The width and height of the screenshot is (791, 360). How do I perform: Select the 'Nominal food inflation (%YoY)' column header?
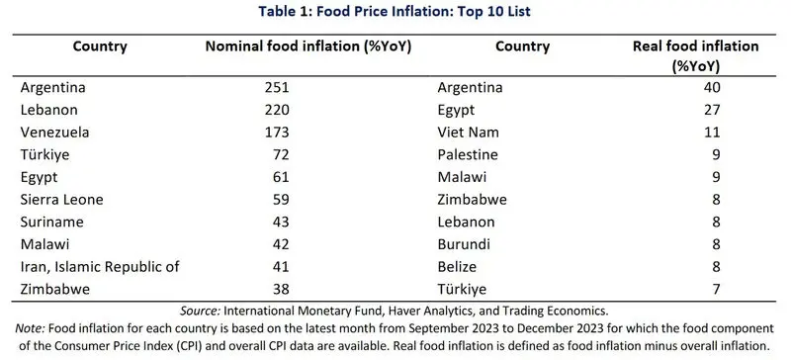pos(308,46)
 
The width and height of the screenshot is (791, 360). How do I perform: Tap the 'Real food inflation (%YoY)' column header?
pos(696,56)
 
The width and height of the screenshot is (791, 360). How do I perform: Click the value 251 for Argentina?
pos(277,87)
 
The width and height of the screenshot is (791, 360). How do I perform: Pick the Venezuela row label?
pos(55,133)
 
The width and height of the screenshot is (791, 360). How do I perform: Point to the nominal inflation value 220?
pos(277,110)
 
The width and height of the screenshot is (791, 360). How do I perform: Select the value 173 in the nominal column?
pos(277,133)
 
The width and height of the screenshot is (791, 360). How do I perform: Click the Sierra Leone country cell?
pos(61,200)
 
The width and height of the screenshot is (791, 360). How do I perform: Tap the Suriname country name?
pos(52,223)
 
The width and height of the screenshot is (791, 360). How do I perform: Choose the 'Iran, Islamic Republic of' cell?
pos(100,267)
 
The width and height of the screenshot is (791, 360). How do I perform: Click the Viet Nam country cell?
pos(468,133)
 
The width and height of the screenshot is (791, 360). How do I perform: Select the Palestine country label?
pos(468,154)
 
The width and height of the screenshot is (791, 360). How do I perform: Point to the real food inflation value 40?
pos(712,87)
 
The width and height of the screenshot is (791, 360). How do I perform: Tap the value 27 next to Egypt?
pos(712,110)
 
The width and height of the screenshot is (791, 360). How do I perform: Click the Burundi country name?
pos(464,244)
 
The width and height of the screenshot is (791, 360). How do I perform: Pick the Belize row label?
pos(457,267)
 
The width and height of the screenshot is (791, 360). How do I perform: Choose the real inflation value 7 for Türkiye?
pos(716,290)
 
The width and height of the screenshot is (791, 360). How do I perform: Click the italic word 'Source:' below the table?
pos(200,310)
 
